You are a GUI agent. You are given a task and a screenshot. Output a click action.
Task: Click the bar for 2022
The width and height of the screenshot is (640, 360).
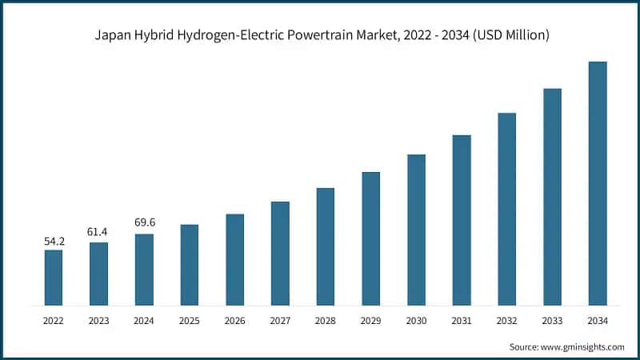point(54,278)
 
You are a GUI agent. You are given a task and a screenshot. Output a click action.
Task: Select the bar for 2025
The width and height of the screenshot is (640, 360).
point(190,265)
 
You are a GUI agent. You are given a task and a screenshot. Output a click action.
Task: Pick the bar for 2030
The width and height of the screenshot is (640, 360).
point(416,230)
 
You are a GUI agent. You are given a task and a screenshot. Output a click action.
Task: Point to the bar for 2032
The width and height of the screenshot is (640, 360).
point(507,209)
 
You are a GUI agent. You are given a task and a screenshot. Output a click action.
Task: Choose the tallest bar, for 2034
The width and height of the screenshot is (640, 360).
point(598,183)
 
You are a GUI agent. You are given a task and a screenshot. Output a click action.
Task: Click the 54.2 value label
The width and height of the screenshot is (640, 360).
point(54,240)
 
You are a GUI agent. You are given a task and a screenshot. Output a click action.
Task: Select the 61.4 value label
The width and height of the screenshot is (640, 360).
point(98,232)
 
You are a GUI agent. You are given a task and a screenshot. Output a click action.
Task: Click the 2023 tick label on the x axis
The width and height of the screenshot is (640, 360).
point(98,321)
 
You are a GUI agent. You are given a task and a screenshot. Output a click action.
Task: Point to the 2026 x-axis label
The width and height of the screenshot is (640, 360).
point(234,321)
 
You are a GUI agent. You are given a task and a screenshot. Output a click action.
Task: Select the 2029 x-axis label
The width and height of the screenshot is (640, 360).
point(370,321)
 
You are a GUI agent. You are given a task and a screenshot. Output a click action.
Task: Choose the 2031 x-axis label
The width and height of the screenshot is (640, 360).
point(462,321)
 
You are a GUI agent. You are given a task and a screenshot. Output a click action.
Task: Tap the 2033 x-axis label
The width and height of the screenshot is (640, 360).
point(552,321)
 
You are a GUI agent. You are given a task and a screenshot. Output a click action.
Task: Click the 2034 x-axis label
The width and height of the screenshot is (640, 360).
point(598,321)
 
